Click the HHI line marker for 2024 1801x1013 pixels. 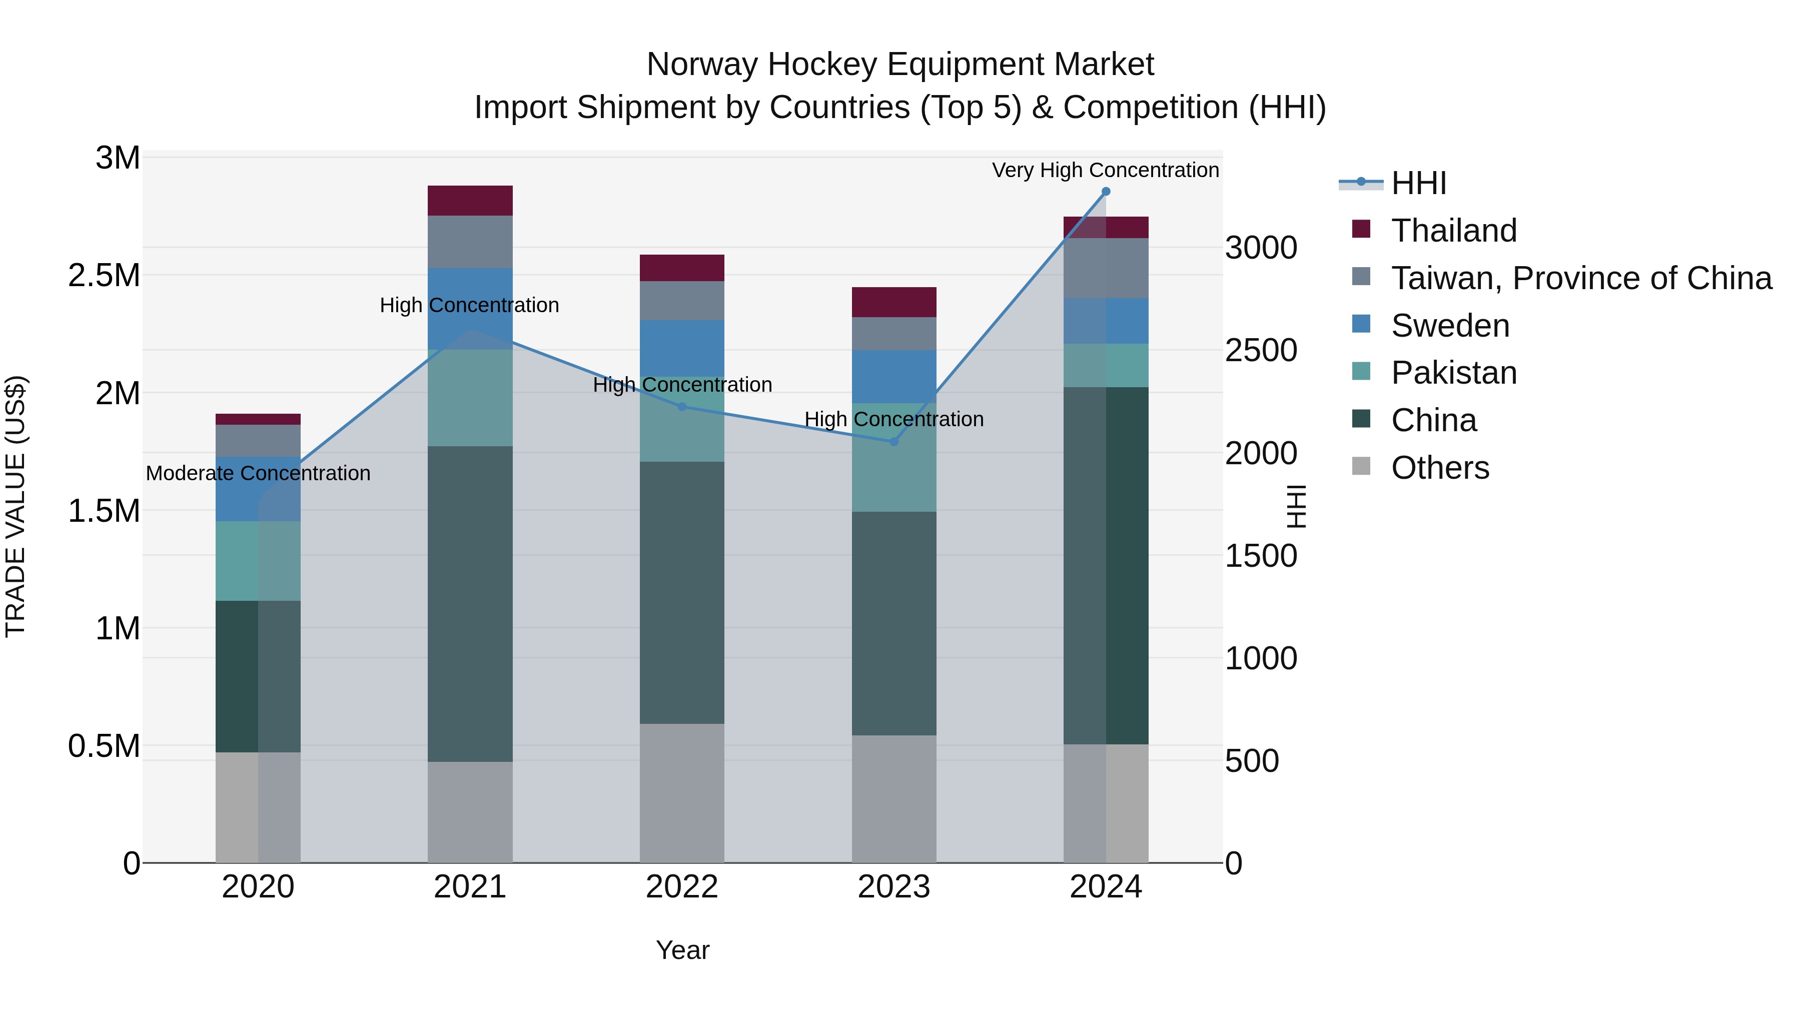(1105, 192)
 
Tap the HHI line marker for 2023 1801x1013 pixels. (893, 442)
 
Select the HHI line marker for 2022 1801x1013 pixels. (682, 407)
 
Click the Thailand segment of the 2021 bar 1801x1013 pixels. (470, 201)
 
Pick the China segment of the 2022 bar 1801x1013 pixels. (682, 592)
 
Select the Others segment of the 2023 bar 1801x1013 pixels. (893, 798)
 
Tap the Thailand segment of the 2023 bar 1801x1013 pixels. (893, 302)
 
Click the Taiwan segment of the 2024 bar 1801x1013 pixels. (1105, 269)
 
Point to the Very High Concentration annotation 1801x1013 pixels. (1105, 170)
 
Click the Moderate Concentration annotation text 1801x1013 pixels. (258, 473)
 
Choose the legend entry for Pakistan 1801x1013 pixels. (1453, 373)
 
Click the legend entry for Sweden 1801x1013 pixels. (1450, 326)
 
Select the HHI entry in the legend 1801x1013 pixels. (1419, 183)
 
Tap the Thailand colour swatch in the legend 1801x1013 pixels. (1361, 229)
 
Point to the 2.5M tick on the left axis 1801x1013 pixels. (104, 276)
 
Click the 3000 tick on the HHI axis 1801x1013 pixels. (1261, 248)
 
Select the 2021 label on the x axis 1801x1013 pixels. (470, 887)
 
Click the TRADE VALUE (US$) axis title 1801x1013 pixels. (16, 506)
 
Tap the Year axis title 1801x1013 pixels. (682, 950)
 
